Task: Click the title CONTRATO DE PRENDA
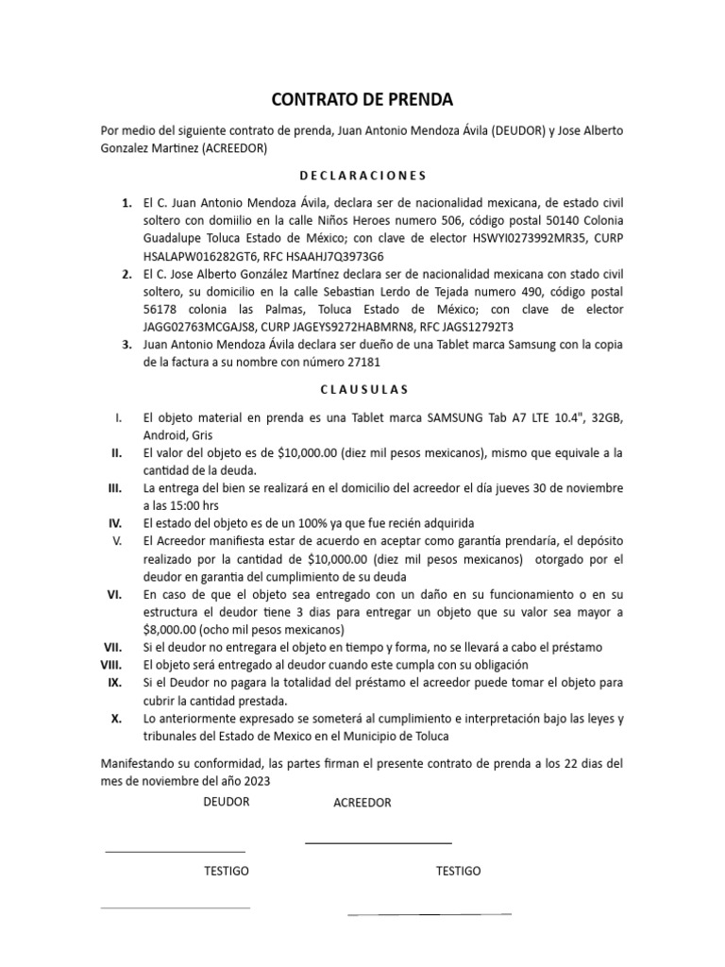362,98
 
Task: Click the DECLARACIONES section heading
362,175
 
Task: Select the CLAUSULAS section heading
362,388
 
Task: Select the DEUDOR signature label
227,802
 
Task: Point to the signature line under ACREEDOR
379,842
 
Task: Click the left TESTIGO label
227,871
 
